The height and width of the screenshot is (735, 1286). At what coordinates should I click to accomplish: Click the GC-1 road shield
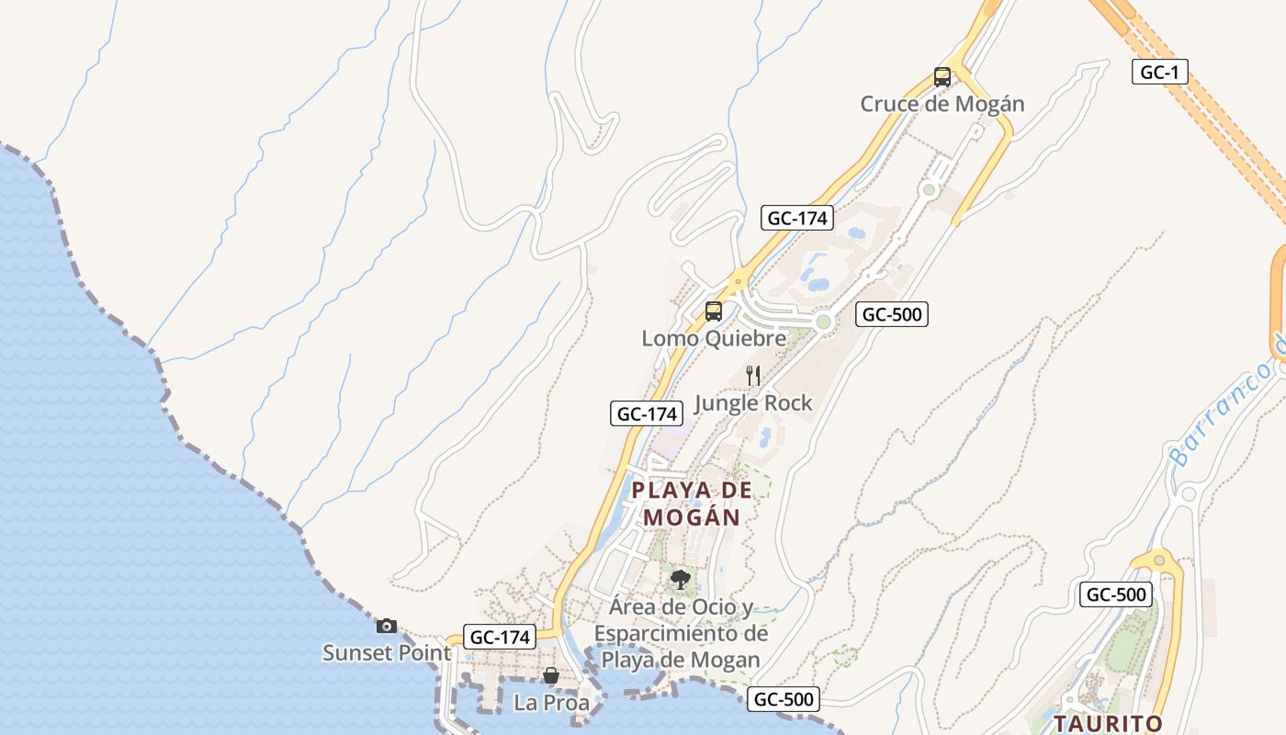pyautogui.click(x=1159, y=72)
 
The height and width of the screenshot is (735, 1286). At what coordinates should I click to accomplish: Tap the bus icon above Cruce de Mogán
pyautogui.click(x=942, y=77)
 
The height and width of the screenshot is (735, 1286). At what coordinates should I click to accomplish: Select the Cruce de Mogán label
pyautogui.click(x=942, y=104)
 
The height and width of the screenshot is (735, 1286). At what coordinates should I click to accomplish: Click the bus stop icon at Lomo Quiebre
pyautogui.click(x=713, y=311)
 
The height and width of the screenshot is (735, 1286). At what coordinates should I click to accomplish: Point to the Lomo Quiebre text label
pyautogui.click(x=714, y=338)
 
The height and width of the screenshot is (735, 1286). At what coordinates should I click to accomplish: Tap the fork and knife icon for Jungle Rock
pyautogui.click(x=753, y=375)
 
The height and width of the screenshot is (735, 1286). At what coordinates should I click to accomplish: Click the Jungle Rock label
pyautogui.click(x=753, y=402)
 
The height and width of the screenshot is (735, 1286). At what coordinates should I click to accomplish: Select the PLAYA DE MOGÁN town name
pyautogui.click(x=692, y=503)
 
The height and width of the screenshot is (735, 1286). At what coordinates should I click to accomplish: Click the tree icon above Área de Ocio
pyautogui.click(x=680, y=580)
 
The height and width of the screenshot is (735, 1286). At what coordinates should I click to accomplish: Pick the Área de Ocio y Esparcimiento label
pyautogui.click(x=681, y=633)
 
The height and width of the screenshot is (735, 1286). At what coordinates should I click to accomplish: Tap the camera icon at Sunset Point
pyautogui.click(x=387, y=626)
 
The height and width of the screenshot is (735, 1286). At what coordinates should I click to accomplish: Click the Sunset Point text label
pyautogui.click(x=387, y=652)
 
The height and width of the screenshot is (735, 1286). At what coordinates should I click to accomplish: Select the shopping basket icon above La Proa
pyautogui.click(x=550, y=676)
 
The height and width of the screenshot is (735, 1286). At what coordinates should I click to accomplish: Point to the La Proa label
pyautogui.click(x=551, y=703)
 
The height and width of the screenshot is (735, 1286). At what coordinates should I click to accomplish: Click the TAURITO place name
pyautogui.click(x=1108, y=723)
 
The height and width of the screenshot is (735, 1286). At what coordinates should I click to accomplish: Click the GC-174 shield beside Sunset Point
pyautogui.click(x=500, y=637)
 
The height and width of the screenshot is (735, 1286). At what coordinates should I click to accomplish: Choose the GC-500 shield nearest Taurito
pyautogui.click(x=1115, y=594)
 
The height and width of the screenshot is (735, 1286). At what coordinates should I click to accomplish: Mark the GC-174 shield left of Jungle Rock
pyautogui.click(x=647, y=413)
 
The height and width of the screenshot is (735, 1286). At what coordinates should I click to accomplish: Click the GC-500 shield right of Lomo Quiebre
pyautogui.click(x=891, y=314)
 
